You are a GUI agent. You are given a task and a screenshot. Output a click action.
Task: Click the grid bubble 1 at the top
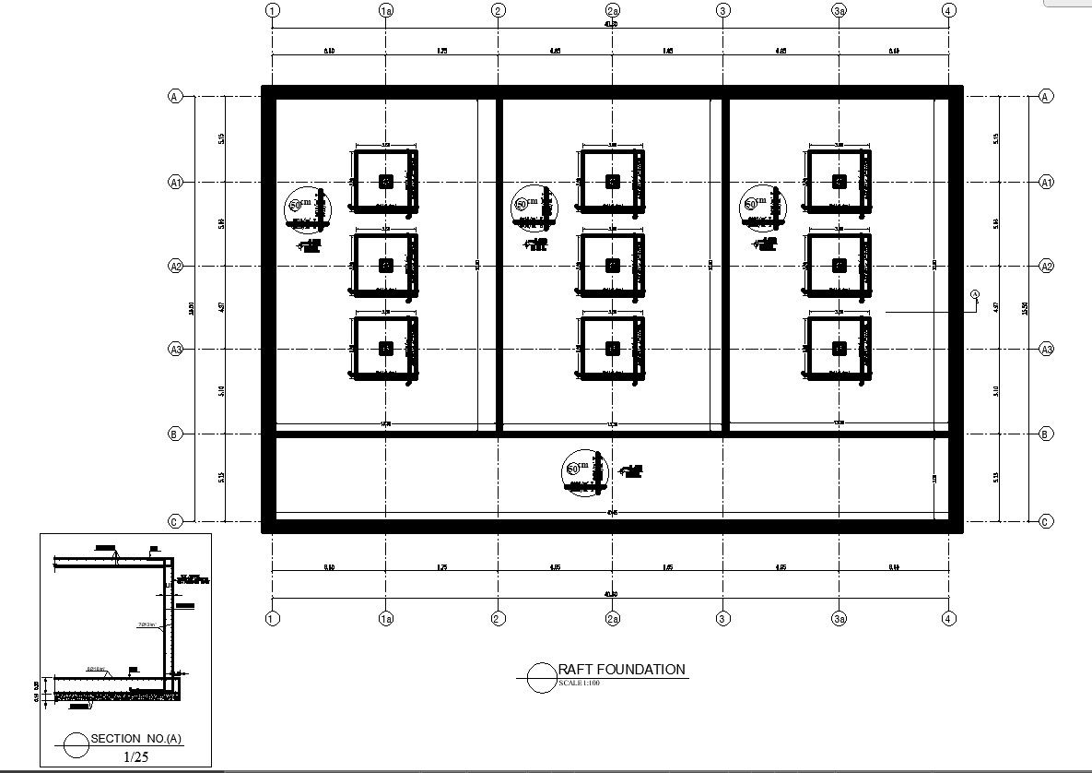[x=272, y=10]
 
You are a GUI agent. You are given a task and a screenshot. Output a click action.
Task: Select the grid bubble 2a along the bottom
[x=613, y=618]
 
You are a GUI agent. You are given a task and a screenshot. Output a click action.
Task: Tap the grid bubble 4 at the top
[x=948, y=10]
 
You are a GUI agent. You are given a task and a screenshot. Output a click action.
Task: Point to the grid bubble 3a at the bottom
[x=839, y=618]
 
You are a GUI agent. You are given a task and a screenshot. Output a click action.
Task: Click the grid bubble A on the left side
[x=174, y=96]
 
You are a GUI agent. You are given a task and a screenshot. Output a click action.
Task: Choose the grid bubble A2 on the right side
[x=1046, y=267]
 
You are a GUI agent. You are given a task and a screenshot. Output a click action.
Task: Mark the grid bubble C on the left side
[x=174, y=522]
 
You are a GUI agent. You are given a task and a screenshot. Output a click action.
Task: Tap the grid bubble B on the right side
[x=1046, y=434]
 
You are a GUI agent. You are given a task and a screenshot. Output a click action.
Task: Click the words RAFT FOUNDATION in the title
[x=622, y=670]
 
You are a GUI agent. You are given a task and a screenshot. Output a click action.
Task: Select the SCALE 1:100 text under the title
[x=579, y=684]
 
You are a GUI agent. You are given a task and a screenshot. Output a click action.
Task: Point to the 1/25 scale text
[x=135, y=756]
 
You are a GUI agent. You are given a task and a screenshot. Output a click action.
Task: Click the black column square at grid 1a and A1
[x=386, y=182]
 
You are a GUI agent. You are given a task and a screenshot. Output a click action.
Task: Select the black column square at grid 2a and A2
[x=613, y=266]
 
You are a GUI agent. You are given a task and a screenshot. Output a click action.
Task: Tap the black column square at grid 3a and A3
[x=839, y=348]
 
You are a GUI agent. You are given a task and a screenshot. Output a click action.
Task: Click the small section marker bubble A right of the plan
[x=975, y=295]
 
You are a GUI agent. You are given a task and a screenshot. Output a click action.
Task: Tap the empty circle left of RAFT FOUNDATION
[x=540, y=678]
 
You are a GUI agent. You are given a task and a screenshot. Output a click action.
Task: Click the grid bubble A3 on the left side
[x=174, y=349]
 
